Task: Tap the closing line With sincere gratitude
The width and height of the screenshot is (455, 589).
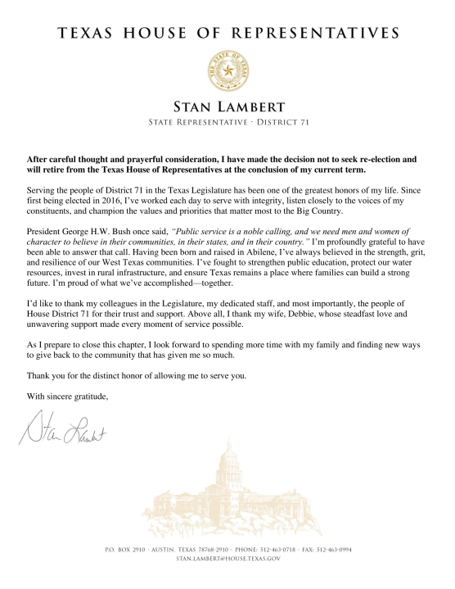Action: tap(63, 395)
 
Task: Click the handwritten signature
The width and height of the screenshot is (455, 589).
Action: tap(63, 428)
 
